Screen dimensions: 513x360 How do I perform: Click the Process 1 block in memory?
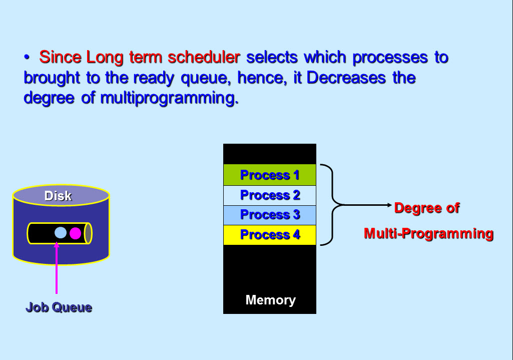pyautogui.click(x=270, y=175)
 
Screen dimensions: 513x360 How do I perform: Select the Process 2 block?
pyautogui.click(x=270, y=195)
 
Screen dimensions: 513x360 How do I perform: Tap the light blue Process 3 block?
pyautogui.click(x=270, y=215)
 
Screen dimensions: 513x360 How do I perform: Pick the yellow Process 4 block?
pyautogui.click(x=270, y=235)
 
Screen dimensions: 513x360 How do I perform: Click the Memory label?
pyautogui.click(x=271, y=300)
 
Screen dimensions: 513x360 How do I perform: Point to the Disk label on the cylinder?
pyautogui.click(x=58, y=196)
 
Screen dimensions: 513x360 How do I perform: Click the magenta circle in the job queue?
pyautogui.click(x=75, y=233)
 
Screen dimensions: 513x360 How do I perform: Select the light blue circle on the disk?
pyautogui.click(x=61, y=233)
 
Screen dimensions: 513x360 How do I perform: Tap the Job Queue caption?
pyautogui.click(x=59, y=307)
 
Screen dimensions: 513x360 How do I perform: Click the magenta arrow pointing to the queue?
pyautogui.click(x=57, y=268)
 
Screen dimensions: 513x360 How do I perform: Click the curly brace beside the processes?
pyautogui.click(x=332, y=205)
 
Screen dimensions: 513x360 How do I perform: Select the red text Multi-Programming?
pyautogui.click(x=428, y=234)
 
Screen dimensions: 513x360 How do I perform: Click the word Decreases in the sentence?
pyautogui.click(x=346, y=78)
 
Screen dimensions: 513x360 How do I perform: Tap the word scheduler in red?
pyautogui.click(x=204, y=57)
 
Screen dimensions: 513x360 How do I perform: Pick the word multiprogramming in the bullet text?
pyautogui.click(x=169, y=98)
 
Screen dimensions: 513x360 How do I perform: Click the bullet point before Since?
pyautogui.click(x=27, y=58)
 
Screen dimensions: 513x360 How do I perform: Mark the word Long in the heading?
pyautogui.click(x=105, y=58)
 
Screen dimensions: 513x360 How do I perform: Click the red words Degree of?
pyautogui.click(x=427, y=208)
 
